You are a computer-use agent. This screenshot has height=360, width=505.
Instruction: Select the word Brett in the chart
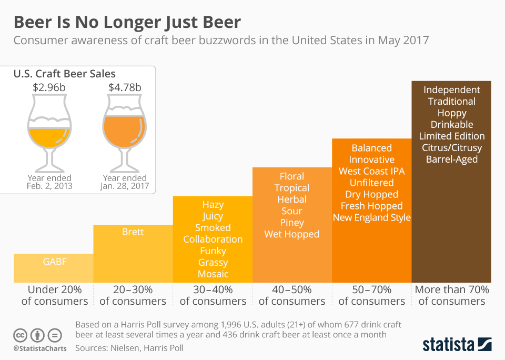133,232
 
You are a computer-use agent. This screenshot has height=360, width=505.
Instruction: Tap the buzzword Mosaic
213,274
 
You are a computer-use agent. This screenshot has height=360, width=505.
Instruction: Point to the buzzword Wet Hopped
292,234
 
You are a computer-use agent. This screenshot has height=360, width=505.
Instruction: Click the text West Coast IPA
372,171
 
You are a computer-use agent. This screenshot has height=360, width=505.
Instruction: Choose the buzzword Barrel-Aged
452,159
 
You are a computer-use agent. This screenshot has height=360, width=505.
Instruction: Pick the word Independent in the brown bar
452,90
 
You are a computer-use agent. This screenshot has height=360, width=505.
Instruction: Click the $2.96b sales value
50,88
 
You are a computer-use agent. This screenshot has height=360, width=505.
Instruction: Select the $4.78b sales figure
125,88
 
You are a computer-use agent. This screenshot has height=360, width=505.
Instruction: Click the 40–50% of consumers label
292,295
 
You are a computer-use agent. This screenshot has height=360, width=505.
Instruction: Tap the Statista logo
457,344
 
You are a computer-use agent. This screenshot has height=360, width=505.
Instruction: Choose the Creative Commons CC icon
20,335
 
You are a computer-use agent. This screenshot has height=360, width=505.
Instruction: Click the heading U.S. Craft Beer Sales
64,74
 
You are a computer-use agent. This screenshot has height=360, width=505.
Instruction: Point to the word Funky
213,251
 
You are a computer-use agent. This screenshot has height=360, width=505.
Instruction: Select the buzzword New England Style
372,217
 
